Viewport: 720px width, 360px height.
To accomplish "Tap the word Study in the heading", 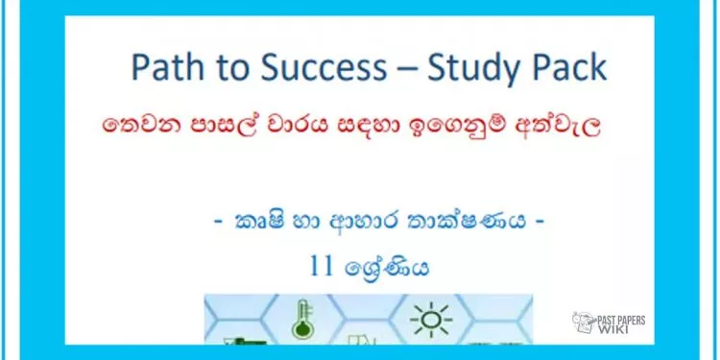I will [468, 69].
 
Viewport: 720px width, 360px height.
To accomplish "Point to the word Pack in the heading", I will [568, 68].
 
